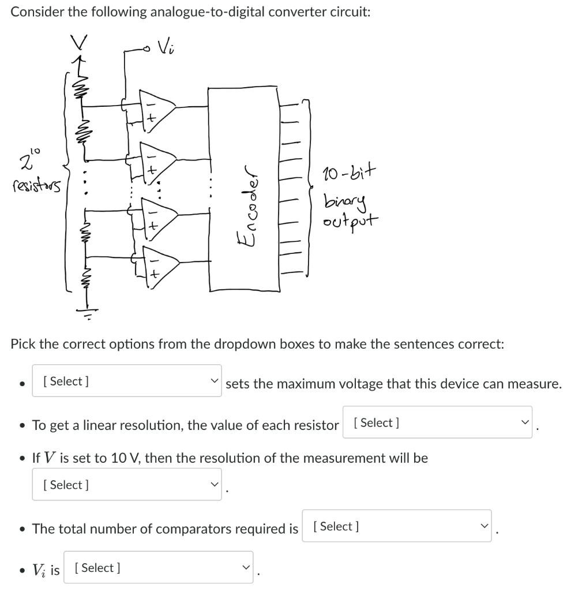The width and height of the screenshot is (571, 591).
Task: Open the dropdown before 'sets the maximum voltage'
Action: (126, 381)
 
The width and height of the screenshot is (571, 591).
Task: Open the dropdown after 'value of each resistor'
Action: (437, 422)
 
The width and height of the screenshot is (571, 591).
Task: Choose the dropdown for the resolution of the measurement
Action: (126, 485)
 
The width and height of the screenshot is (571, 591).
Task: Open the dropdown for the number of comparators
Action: (396, 526)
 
